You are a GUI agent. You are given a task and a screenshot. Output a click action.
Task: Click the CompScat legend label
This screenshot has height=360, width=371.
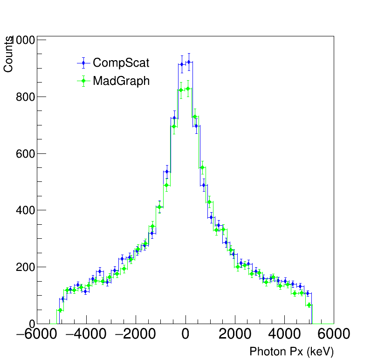[121, 63]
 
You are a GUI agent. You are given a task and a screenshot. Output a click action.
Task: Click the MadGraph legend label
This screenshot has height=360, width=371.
[121, 81]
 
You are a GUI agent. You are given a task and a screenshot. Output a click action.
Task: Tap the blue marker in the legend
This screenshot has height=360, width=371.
[83, 63]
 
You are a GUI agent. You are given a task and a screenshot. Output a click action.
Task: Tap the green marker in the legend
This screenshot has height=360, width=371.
[83, 81]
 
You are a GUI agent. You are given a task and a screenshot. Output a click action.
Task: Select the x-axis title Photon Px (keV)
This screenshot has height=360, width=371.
[291, 352]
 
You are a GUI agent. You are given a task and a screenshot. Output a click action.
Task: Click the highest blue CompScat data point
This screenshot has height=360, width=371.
[189, 62]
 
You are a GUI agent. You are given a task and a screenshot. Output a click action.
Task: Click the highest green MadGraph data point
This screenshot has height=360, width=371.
[188, 89]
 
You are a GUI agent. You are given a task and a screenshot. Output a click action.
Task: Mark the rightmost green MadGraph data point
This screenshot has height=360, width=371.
[309, 305]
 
